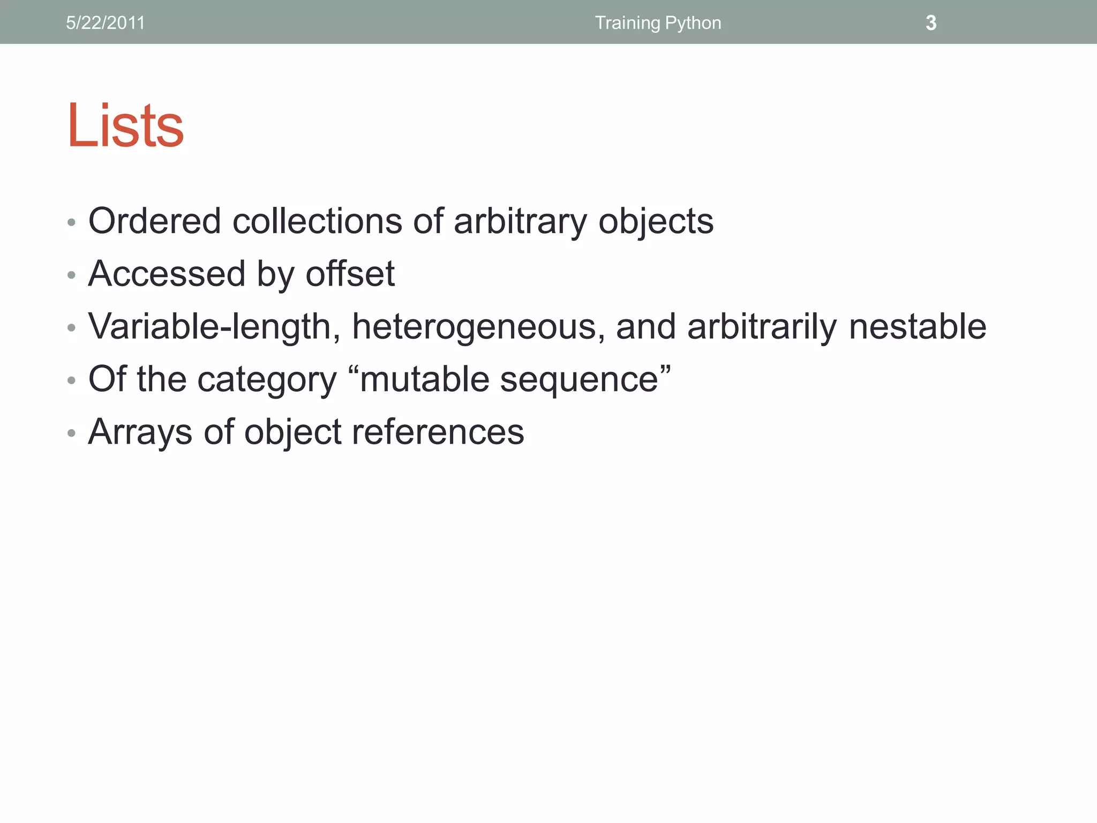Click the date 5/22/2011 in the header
tap(106, 23)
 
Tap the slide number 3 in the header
tap(931, 23)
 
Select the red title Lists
tap(125, 125)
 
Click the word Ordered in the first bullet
tap(154, 221)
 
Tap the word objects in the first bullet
tap(656, 222)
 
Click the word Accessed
tap(167, 274)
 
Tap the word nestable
tap(918, 326)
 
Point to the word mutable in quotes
tap(424, 379)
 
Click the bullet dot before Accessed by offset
tap(72, 275)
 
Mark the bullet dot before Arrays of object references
tap(72, 433)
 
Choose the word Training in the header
tap(627, 23)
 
